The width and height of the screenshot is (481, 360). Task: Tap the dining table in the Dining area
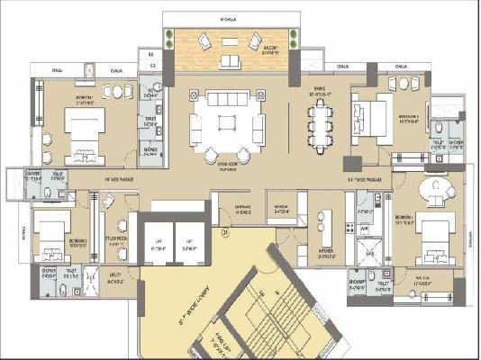pyautogui.click(x=319, y=125)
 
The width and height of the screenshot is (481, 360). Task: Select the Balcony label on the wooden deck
pyautogui.click(x=271, y=51)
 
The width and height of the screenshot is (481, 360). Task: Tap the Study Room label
pyautogui.click(x=114, y=238)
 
